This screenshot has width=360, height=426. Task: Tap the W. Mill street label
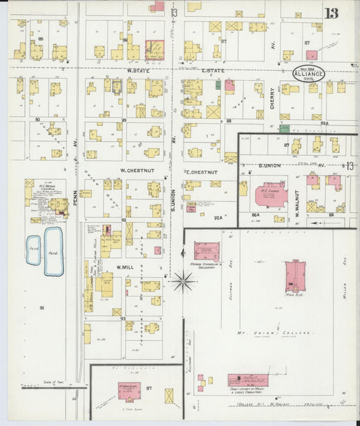128,267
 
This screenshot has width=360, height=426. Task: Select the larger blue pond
53,251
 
